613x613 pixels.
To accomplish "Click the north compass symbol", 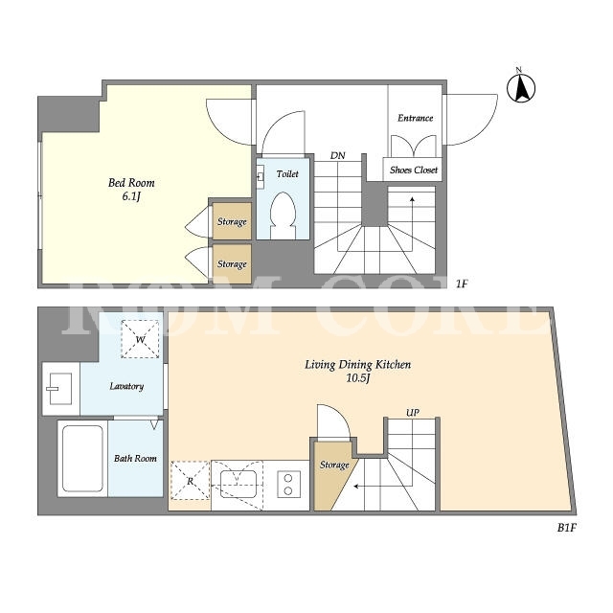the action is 521,87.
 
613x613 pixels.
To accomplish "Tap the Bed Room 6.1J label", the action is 131,190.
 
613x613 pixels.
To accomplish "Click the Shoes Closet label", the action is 414,170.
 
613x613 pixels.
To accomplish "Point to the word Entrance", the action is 415,118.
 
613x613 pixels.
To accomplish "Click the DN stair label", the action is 338,155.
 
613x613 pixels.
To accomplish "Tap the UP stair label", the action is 413,413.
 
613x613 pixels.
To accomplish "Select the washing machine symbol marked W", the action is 140,339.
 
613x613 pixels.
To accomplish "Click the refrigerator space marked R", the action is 191,481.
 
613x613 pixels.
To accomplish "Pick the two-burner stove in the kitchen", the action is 288,485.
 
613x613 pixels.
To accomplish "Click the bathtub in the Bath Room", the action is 83,459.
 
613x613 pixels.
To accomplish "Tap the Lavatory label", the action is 126,386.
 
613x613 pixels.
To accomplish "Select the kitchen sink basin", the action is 238,484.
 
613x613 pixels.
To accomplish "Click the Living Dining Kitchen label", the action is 357,371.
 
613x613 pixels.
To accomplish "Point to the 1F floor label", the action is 462,284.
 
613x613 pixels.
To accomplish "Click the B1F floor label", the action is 567,528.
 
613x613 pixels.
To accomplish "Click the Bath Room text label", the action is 135,458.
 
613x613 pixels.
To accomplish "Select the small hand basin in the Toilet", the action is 261,173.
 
